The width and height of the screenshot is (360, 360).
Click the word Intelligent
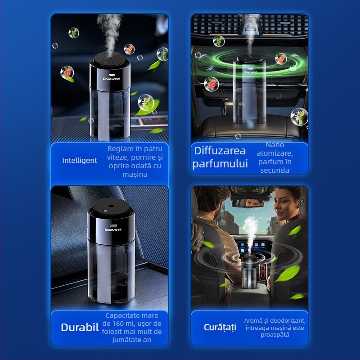tap(80, 161)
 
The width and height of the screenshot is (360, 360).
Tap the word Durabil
tap(80, 328)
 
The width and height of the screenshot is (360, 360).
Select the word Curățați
tap(220, 328)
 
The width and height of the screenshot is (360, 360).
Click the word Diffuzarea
tap(220, 151)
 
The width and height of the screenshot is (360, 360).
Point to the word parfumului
tap(220, 164)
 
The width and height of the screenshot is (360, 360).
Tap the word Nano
tap(275, 145)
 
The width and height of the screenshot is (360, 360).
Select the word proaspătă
tap(275, 335)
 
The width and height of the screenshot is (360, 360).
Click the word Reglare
tap(119, 149)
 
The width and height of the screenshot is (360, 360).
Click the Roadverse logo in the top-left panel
tap(111, 78)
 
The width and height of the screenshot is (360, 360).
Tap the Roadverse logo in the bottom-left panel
tap(113, 229)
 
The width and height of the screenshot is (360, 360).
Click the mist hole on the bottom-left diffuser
tap(111, 206)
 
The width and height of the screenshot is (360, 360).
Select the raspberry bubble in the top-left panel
tap(67, 72)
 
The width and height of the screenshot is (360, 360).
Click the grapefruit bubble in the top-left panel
tap(129, 49)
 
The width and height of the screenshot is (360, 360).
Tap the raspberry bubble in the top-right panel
tap(211, 84)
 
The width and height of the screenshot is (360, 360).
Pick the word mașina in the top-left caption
tap(135, 175)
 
